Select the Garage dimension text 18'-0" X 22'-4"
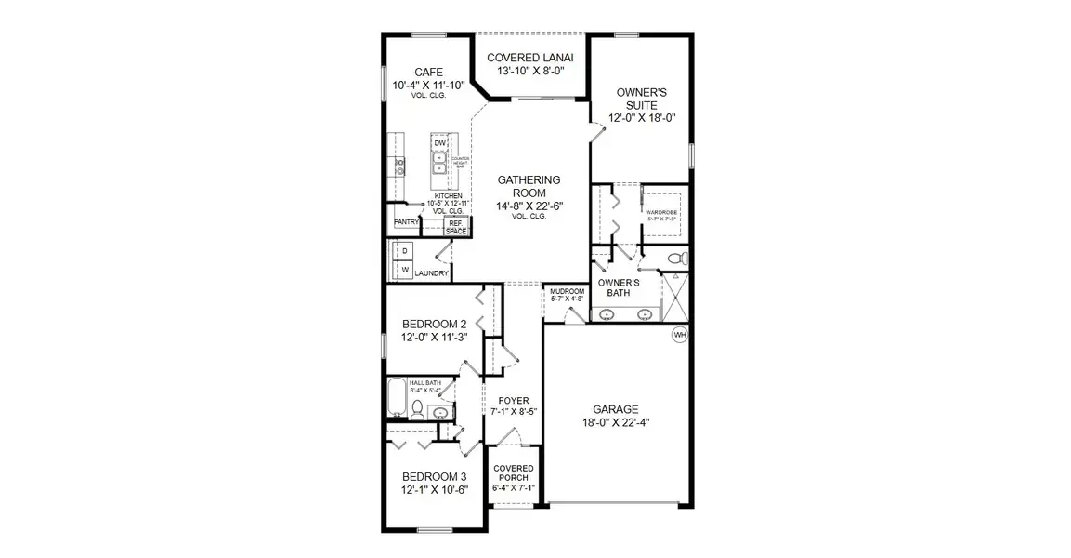pyautogui.click(x=616, y=424)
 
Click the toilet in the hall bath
pyautogui.click(x=417, y=410)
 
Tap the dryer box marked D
pyautogui.click(x=405, y=251)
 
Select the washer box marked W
pyautogui.click(x=405, y=271)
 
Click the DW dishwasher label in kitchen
pyautogui.click(x=440, y=142)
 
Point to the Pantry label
pyautogui.click(x=406, y=222)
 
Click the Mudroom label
pyautogui.click(x=567, y=291)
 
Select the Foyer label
pyautogui.click(x=514, y=400)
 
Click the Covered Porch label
pyautogui.click(x=513, y=473)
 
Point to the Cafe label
pyautogui.click(x=428, y=73)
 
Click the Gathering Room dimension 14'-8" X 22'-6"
pyautogui.click(x=528, y=206)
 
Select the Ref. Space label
pyautogui.click(x=456, y=227)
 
